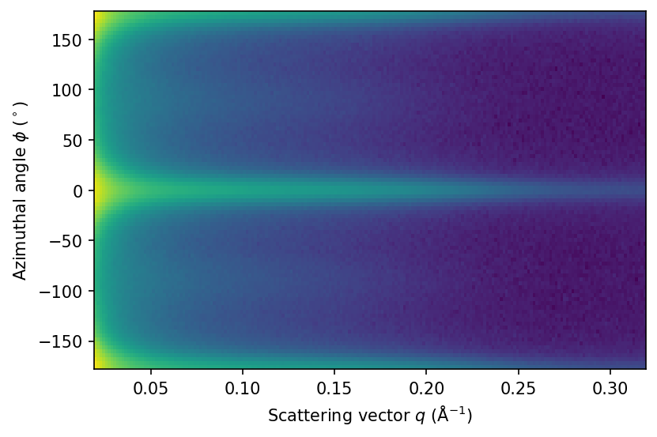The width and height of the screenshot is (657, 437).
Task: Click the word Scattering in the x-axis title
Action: point(297,415)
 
